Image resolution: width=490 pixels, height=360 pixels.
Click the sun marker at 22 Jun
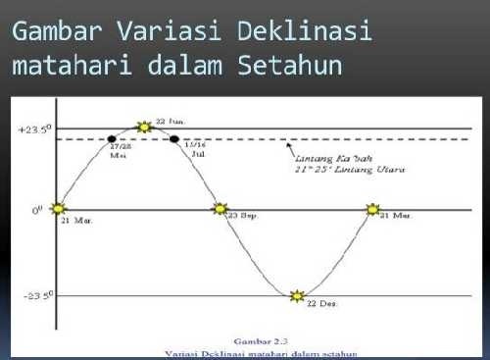[145, 127]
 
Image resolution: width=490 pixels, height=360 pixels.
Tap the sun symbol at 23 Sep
[220, 209]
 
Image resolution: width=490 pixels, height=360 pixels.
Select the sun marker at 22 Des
[298, 295]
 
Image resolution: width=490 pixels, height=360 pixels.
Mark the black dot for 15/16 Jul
[174, 139]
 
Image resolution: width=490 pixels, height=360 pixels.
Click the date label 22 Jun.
[170, 121]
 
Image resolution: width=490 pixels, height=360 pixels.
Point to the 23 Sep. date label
[244, 215]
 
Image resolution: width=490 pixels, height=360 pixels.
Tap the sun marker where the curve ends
[372, 209]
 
